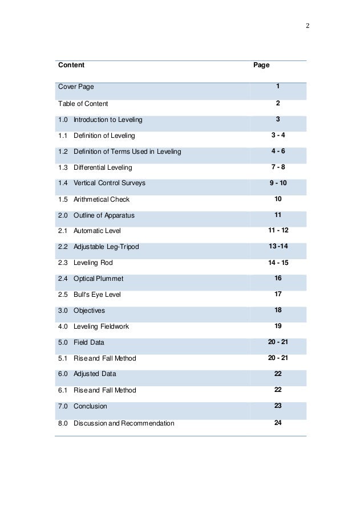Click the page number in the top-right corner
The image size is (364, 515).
(x=308, y=27)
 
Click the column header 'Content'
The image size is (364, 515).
(x=71, y=66)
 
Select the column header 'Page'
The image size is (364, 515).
(x=261, y=66)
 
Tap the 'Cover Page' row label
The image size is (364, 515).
(x=76, y=87)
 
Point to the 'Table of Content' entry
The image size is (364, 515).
(x=83, y=104)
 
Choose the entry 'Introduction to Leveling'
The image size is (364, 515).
(x=108, y=120)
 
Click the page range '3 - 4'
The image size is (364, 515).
(x=278, y=135)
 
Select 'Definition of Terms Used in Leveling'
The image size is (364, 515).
(x=127, y=152)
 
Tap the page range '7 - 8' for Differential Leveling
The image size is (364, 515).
(x=278, y=167)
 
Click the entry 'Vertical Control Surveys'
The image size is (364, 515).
(x=110, y=183)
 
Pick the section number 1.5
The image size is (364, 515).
(x=63, y=199)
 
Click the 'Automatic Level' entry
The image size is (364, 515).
(x=97, y=231)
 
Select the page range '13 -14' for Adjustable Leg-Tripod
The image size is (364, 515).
(x=278, y=246)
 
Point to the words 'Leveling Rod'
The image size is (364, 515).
(x=93, y=263)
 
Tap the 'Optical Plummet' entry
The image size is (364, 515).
(x=98, y=279)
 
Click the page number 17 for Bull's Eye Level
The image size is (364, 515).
(x=278, y=294)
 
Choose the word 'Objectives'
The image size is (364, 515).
(x=89, y=311)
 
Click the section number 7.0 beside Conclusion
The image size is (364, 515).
(x=63, y=407)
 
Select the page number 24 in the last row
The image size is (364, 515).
(x=278, y=423)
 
